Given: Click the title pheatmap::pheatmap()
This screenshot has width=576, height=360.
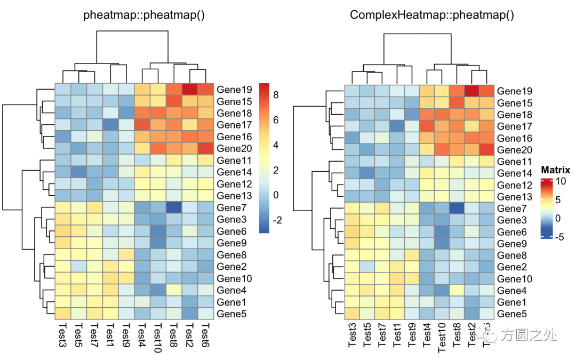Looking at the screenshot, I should tap(144, 15).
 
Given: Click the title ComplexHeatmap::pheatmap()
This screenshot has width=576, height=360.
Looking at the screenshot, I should tap(432, 15).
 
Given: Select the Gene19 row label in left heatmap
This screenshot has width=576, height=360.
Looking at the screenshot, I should tap(235, 89).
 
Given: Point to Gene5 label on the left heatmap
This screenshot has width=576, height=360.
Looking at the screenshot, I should tap(232, 314).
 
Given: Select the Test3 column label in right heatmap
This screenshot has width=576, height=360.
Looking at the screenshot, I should tap(352, 335).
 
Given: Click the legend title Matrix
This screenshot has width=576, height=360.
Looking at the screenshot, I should tap(555, 171).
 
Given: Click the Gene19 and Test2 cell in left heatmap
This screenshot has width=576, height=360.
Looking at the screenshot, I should tap(190, 89).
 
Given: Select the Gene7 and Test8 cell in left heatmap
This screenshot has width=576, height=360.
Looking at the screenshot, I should tap(174, 207).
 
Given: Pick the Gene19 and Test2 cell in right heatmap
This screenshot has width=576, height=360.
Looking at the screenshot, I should tap(472, 91).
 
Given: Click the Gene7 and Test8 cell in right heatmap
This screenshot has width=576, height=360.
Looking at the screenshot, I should tap(457, 209).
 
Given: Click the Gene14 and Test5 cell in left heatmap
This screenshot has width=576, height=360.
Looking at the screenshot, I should tap(79, 172).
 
